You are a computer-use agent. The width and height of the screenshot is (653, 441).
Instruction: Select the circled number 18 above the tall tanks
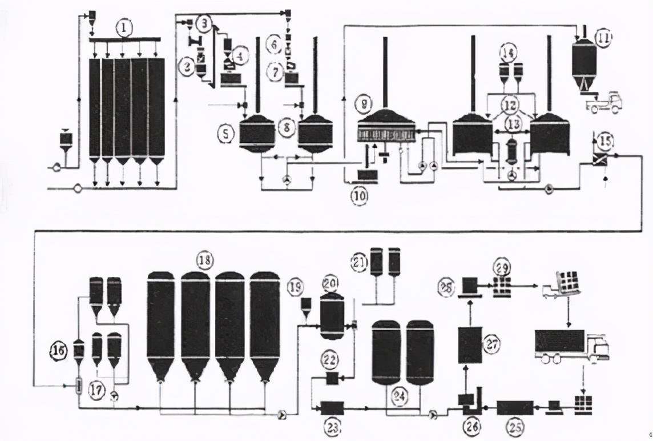coord(203,260)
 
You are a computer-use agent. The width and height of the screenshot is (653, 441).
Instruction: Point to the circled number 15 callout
coord(604,139)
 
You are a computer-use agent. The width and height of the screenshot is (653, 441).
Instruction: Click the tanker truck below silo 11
coord(603,103)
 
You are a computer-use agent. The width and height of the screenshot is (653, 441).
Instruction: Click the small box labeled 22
coord(330,378)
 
